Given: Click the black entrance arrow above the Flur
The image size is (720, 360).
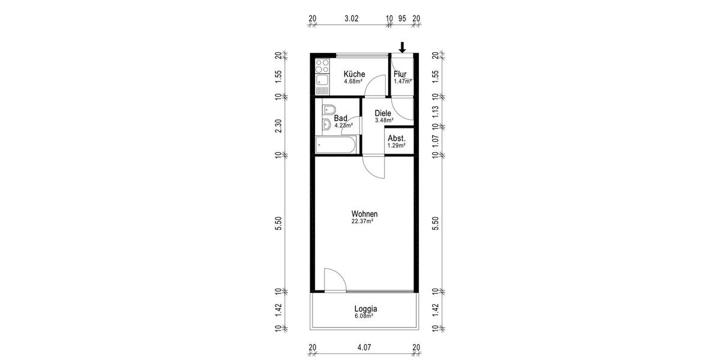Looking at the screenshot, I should coord(403,47).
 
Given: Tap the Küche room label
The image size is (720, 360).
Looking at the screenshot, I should coord(354,74).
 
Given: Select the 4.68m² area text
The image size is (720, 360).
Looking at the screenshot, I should coord(353,82).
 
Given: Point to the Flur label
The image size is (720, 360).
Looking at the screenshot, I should coord(400,74).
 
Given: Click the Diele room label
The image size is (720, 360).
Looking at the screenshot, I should coord(383,113).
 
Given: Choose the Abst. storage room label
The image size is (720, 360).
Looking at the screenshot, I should coord(397,138).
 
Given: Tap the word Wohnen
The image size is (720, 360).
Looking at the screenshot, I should coord(364,214).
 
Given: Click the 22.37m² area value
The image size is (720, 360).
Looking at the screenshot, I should coord(362,221).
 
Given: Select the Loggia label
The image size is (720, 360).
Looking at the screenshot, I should coord(365,309).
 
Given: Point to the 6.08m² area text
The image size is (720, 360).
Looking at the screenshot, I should coord(364,316).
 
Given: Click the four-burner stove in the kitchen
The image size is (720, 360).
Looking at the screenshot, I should coord(322,63).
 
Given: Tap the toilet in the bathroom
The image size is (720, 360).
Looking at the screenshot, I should coord(328,110).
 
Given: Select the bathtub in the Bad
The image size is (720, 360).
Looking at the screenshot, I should coord(336,144).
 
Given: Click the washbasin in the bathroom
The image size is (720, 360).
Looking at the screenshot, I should coord(325,125).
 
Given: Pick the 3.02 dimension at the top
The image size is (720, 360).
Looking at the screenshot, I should coord(351,19).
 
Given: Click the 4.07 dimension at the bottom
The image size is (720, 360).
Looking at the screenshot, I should coord(364,346).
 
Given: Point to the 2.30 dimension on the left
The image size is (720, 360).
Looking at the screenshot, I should coord(278,125).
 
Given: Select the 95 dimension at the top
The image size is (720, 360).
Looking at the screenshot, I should coord(403,19).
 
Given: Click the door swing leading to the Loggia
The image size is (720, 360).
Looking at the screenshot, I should coord(334,280).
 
